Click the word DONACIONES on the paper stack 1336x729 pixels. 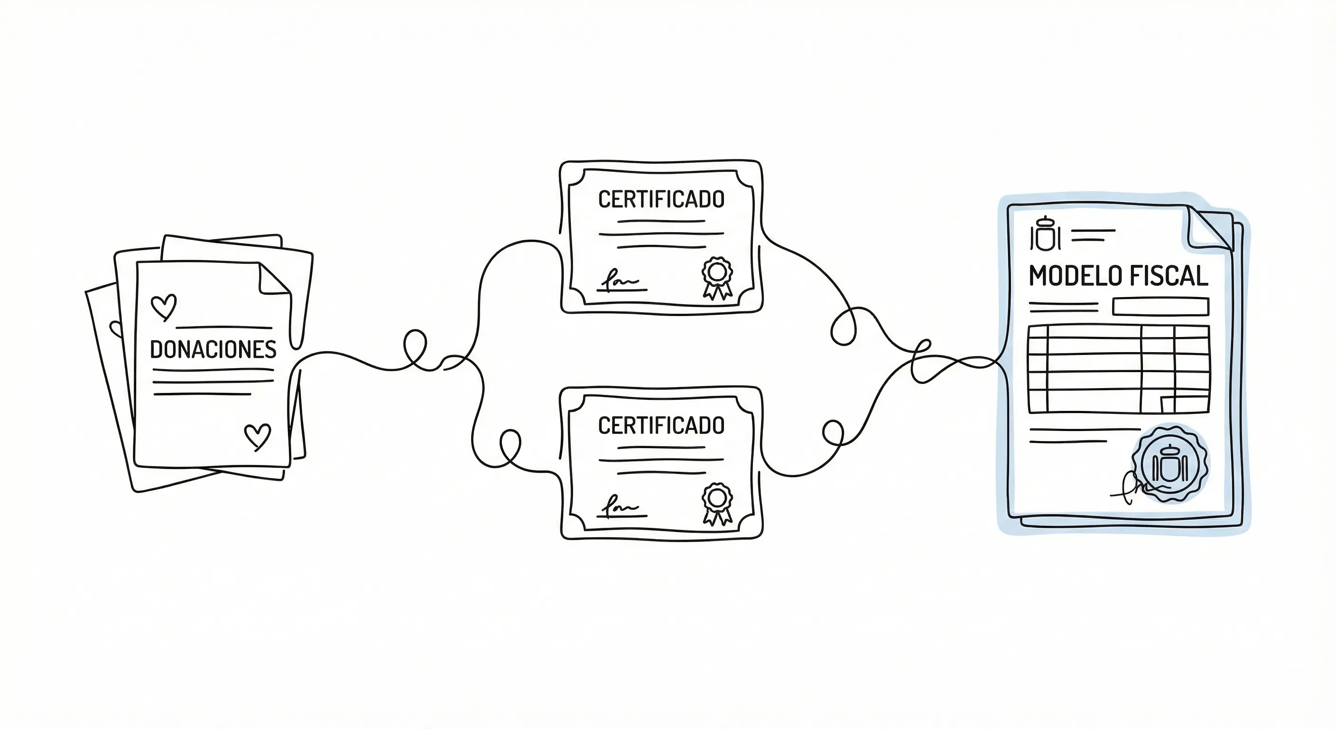[x=213, y=350]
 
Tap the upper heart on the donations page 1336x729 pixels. [x=163, y=306]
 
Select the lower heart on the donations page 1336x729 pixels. [x=257, y=436]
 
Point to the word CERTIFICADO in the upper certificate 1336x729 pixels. [x=661, y=199]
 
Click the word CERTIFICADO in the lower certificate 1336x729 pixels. [x=661, y=425]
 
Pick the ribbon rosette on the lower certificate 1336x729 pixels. [x=717, y=503]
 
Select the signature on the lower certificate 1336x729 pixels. [x=620, y=507]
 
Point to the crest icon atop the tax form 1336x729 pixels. [x=1045, y=234]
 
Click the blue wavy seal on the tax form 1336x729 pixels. [x=1170, y=464]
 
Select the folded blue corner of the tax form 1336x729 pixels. [x=1208, y=228]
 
